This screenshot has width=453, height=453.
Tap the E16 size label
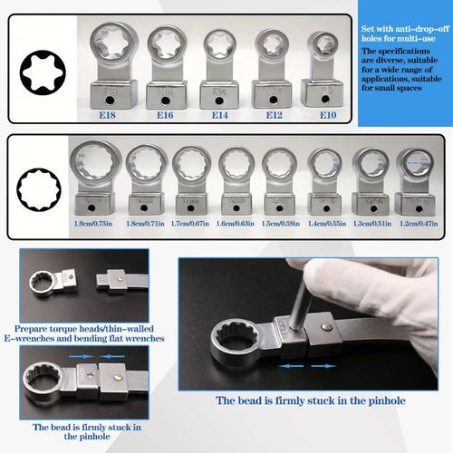pos(165,115)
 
